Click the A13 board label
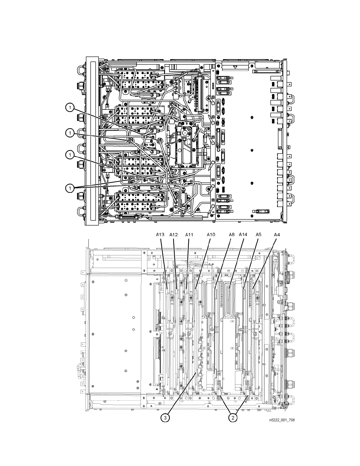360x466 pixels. click(160, 235)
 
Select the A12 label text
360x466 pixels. click(174, 235)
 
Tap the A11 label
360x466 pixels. click(189, 235)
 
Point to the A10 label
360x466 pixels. click(211, 235)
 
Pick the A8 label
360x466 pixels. click(232, 235)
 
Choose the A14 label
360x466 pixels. click(243, 235)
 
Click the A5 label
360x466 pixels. click(258, 235)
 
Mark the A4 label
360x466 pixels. click(276, 235)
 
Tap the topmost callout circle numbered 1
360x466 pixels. click(70, 108)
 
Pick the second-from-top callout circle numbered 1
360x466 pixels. click(70, 133)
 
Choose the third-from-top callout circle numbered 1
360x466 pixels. click(70, 154)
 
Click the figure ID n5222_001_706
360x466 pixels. click(281, 420)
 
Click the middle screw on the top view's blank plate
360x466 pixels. click(252, 150)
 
